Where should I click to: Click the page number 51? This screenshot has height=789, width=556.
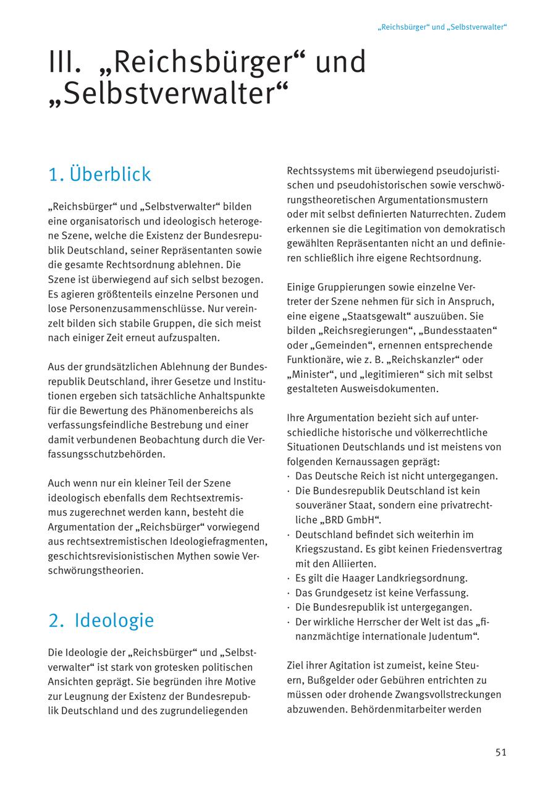pos(500,752)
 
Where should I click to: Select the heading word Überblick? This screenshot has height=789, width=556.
pos(110,174)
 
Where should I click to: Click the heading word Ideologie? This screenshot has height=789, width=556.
pos(114,620)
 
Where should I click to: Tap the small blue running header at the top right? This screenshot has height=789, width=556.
pos(442,27)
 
